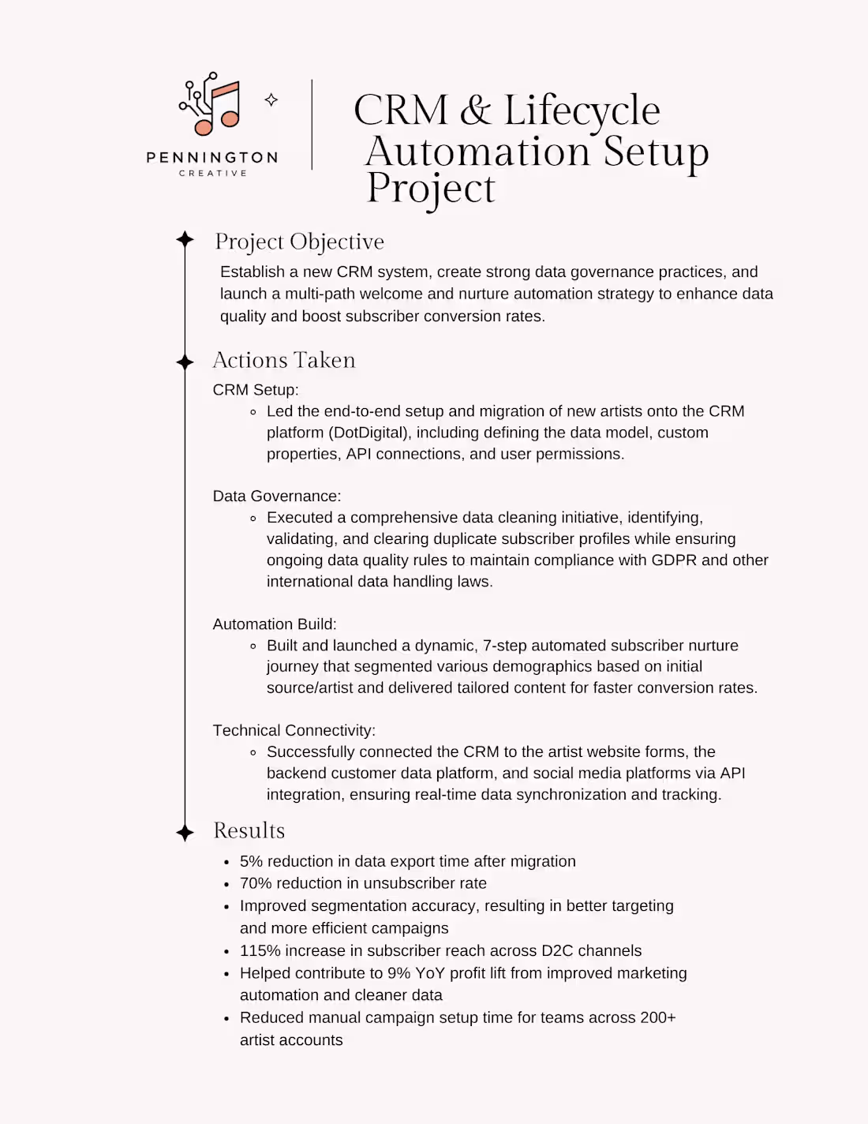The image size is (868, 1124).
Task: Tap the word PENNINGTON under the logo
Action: [212, 158]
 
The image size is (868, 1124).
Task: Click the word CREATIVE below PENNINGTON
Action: [212, 173]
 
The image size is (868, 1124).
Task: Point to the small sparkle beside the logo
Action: [271, 99]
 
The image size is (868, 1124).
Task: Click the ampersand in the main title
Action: [475, 111]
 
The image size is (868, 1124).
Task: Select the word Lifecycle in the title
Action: [582, 111]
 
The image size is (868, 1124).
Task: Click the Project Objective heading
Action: [299, 242]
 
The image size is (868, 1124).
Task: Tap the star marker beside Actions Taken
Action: [185, 362]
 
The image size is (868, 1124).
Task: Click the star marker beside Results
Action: [185, 832]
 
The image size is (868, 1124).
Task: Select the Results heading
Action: [249, 830]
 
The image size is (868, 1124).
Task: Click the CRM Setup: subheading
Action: [256, 390]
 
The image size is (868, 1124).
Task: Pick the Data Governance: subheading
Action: [277, 496]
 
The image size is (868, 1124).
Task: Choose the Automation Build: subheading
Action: [275, 624]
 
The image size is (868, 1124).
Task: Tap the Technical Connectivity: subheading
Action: [294, 731]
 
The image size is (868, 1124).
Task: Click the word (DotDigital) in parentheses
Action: [367, 433]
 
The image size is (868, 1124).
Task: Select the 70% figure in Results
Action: [256, 883]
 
